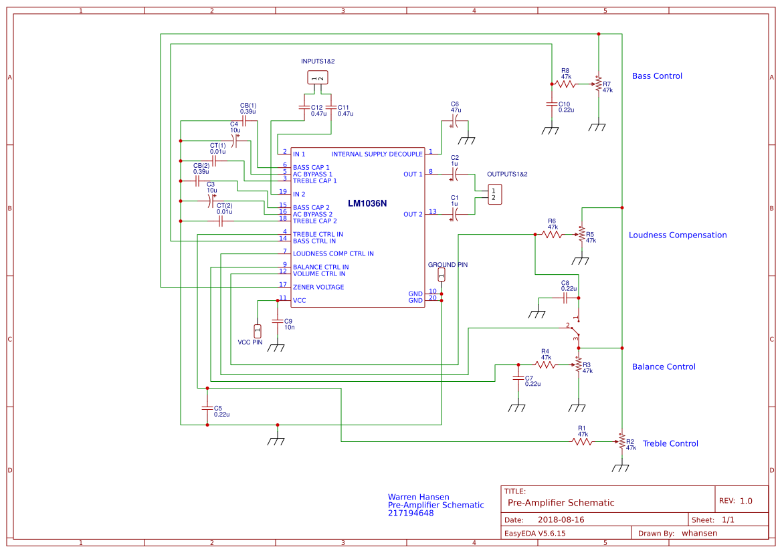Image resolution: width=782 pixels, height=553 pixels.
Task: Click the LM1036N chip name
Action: point(367,203)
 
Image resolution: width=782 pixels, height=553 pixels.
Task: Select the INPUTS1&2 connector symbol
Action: point(318,78)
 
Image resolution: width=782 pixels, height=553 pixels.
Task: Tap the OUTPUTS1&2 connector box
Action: point(494,194)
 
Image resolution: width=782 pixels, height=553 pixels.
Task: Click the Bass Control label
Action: point(657,76)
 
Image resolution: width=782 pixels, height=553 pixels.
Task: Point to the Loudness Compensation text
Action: point(677,235)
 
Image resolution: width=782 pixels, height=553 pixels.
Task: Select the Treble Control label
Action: point(670,444)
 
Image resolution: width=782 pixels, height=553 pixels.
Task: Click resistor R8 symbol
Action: point(566,84)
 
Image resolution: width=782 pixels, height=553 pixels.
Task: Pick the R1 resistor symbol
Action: point(582,441)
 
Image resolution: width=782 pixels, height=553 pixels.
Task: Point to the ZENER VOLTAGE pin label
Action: point(318,288)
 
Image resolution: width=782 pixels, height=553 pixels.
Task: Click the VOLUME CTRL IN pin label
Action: point(319,273)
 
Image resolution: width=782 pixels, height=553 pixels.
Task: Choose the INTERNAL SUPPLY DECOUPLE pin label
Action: point(377,154)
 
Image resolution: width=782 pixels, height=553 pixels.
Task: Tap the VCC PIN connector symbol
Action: point(258,330)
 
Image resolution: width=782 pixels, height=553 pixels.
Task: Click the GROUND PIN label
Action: point(448,265)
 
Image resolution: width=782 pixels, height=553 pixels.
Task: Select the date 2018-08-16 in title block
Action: point(561,520)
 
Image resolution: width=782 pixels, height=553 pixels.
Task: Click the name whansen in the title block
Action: point(699,534)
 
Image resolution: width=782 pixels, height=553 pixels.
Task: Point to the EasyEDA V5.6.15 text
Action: point(534,534)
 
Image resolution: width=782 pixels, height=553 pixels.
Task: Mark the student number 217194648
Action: point(411,514)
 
